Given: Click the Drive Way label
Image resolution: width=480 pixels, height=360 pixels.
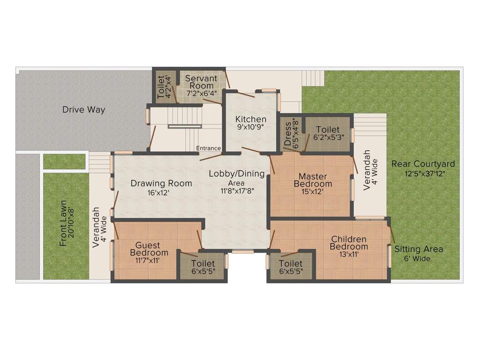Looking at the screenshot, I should pyautogui.click(x=84, y=110).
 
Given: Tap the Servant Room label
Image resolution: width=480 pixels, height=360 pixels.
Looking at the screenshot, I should pyautogui.click(x=201, y=82).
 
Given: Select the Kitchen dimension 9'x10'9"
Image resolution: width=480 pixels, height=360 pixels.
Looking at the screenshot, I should pyautogui.click(x=251, y=127).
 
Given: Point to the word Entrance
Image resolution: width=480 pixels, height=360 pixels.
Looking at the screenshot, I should pyautogui.click(x=208, y=149).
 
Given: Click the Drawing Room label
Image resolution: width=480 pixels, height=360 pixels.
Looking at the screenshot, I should pyautogui.click(x=161, y=183).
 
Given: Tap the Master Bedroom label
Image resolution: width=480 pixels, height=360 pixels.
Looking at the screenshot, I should pyautogui.click(x=310, y=180).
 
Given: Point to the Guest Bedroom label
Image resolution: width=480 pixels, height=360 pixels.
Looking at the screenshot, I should pyautogui.click(x=148, y=249).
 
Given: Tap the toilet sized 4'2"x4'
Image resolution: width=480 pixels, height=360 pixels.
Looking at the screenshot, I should pyautogui.click(x=161, y=87).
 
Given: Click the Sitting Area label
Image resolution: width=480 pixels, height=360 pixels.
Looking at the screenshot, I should pyautogui.click(x=419, y=249).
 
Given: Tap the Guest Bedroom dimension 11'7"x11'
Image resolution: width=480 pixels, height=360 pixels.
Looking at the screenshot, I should pyautogui.click(x=148, y=261).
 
